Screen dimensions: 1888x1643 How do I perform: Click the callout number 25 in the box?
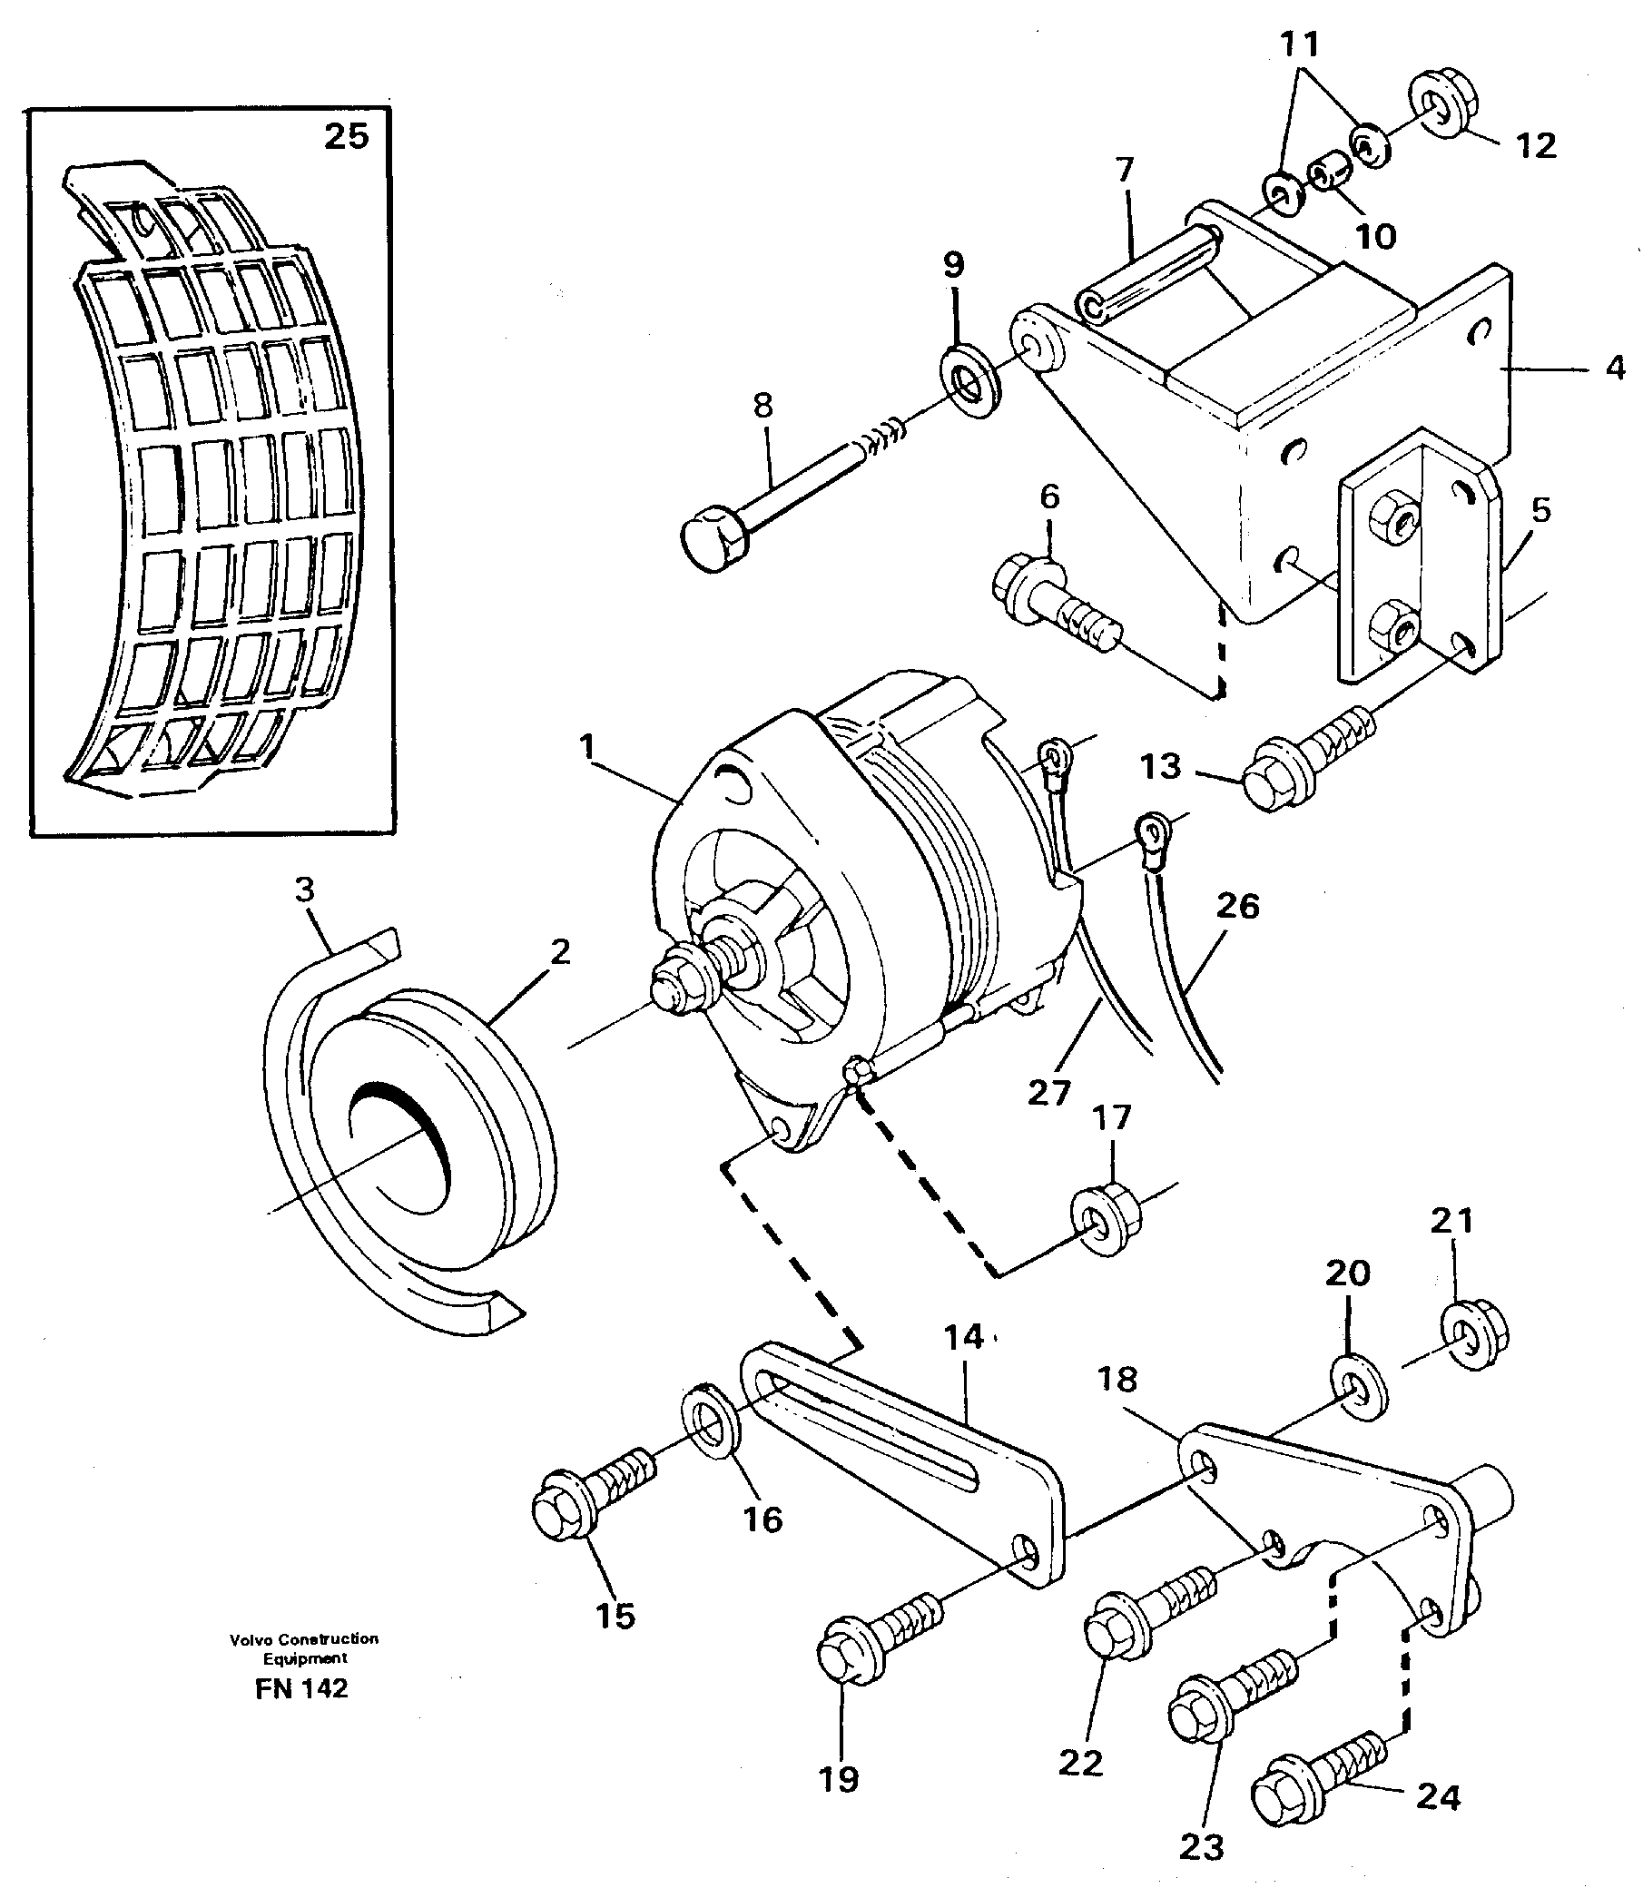[346, 137]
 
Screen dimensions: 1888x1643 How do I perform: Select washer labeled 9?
[970, 379]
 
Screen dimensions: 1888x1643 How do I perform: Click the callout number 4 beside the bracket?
[1616, 369]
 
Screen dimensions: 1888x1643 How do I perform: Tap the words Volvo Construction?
[303, 1638]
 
